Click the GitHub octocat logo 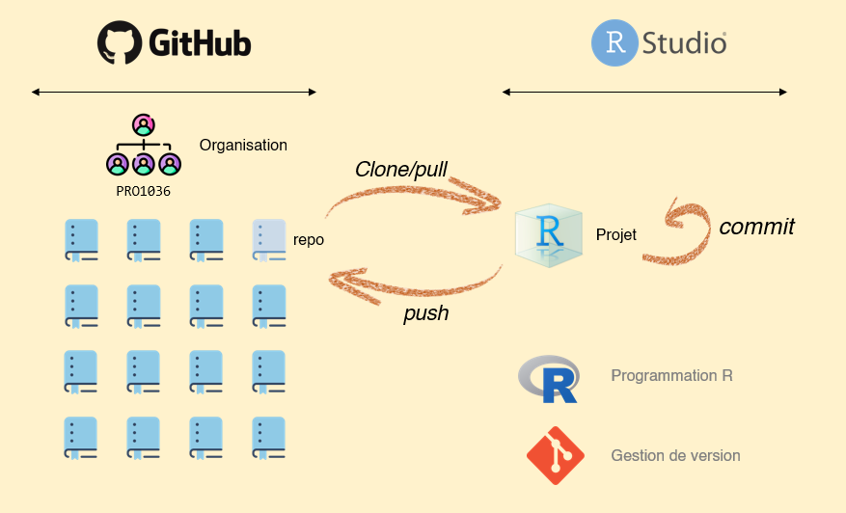(119, 42)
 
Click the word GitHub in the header (200, 43)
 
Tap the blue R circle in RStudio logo (614, 42)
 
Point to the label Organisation (243, 146)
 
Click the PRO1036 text (143, 191)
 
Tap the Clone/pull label (401, 170)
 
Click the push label (425, 313)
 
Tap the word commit (756, 227)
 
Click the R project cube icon (549, 234)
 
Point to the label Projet (616, 234)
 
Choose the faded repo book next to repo (269, 241)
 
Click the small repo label (308, 240)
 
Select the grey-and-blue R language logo (549, 379)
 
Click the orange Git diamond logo (556, 455)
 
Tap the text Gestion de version (675, 455)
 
